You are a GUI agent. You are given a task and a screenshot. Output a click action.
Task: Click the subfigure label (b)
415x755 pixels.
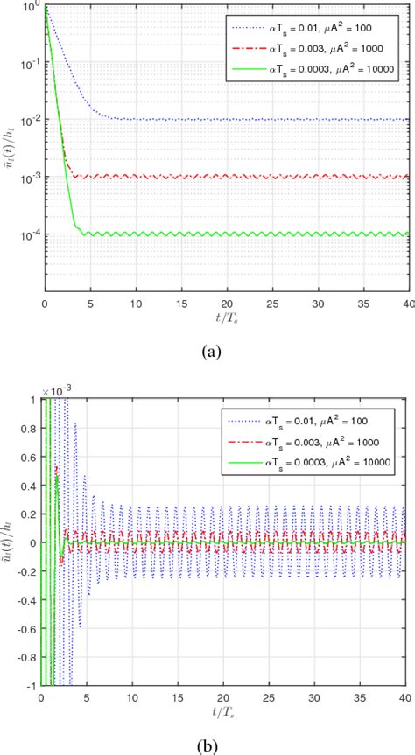211,743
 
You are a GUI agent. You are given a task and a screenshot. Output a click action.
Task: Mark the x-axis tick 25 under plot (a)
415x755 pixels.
272,304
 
